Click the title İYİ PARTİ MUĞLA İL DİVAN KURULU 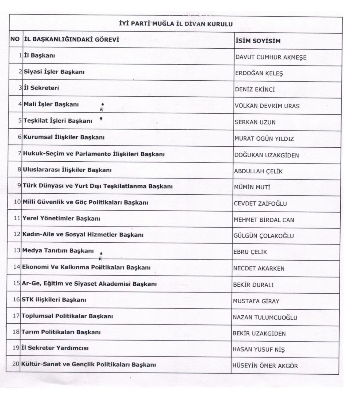click(x=176, y=24)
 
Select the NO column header click(x=15, y=39)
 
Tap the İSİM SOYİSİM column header click(x=258, y=41)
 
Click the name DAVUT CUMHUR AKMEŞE click(x=271, y=57)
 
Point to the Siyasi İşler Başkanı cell click(x=54, y=72)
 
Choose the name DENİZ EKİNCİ click(x=255, y=90)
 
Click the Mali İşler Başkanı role click(x=51, y=104)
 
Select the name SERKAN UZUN click(x=255, y=122)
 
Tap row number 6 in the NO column click(x=20, y=137)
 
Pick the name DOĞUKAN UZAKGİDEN click(x=266, y=155)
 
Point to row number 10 click(x=17, y=202)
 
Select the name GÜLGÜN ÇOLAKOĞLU click(x=264, y=236)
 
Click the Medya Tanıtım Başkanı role click(x=58, y=251)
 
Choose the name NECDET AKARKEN click(x=259, y=268)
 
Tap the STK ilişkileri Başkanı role click(x=54, y=300)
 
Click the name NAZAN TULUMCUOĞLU click(x=265, y=317)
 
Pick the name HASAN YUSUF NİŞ click(x=259, y=350)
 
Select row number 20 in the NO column click(x=16, y=364)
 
